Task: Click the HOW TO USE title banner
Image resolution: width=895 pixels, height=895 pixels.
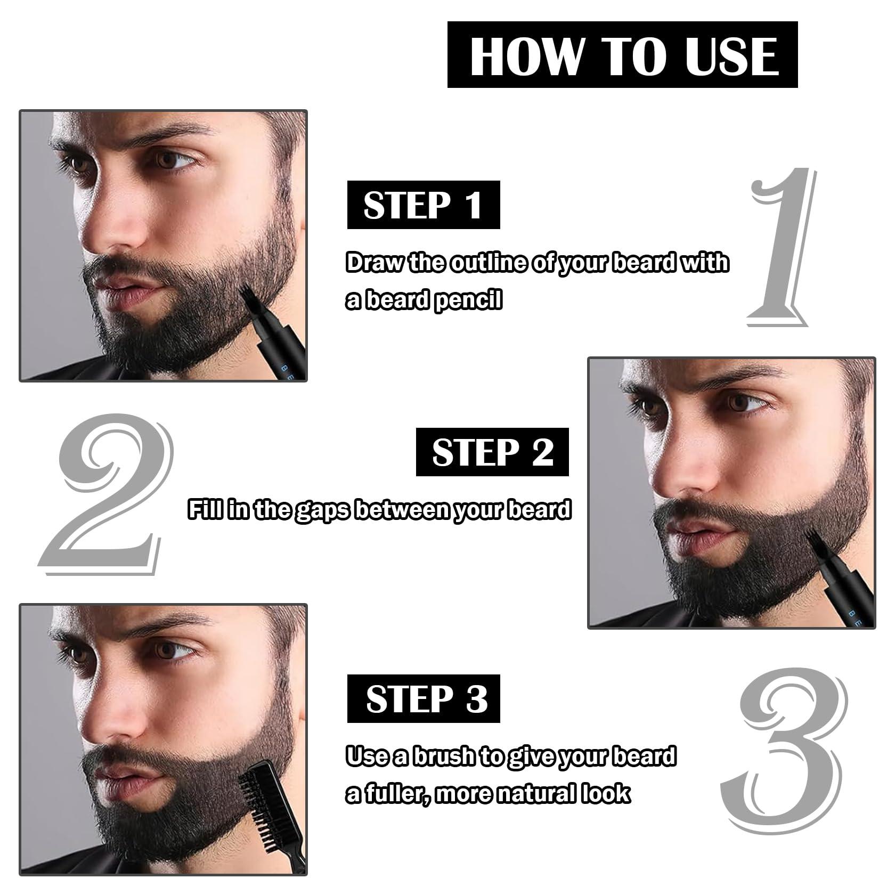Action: (622, 54)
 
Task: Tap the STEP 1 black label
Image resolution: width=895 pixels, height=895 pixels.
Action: (424, 205)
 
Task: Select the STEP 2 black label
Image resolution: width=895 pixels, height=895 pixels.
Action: (492, 452)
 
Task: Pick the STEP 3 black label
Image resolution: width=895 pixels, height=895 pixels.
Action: (424, 699)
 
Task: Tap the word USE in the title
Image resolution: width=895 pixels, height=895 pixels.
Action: (732, 55)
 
